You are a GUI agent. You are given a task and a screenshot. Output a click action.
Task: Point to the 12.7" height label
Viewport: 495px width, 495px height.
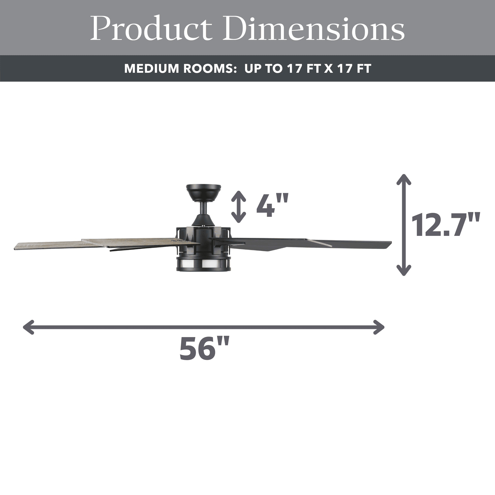pos(445,225)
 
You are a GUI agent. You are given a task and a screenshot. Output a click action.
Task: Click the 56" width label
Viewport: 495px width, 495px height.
pos(204,349)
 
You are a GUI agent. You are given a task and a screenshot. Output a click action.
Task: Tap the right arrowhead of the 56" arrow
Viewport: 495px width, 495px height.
pos(380,327)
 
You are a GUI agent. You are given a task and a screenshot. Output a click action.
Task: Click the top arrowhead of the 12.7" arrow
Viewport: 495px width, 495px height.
pos(404,179)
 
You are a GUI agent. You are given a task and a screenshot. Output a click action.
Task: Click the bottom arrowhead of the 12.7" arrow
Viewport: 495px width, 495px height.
pos(404,271)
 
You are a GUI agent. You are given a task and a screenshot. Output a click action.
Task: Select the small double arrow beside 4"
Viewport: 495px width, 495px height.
pos(239,207)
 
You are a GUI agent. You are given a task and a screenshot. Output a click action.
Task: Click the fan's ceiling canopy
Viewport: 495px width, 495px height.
pos(204,192)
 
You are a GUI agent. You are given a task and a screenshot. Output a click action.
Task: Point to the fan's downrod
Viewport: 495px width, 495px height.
pos(204,208)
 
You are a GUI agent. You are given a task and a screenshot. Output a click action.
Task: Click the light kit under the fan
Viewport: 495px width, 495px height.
pos(203,263)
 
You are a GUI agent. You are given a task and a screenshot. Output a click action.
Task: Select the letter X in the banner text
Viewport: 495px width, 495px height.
pos(329,69)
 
